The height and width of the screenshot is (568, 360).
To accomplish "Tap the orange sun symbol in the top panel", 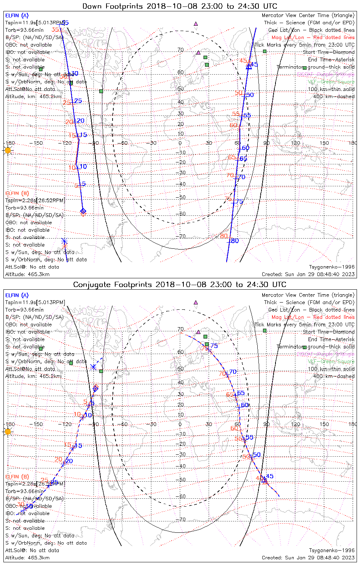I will pos(8,150).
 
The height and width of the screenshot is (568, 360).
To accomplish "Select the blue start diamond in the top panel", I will pos(83,211).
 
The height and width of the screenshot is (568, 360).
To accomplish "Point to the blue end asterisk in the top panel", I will pos(64,241).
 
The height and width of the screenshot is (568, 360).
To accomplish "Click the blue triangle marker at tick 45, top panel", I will pos(249,66).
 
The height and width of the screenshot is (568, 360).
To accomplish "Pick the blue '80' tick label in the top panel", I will pos(235,240).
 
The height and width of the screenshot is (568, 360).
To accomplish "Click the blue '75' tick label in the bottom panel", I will pos(214,345).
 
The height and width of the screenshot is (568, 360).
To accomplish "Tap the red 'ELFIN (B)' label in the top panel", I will pos(17,193).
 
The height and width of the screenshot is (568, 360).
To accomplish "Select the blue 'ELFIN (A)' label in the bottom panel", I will pos(17,295).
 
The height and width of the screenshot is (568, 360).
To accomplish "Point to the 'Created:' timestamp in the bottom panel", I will pos(308,558).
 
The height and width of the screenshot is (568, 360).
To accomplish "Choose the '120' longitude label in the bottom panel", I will pos(295,424).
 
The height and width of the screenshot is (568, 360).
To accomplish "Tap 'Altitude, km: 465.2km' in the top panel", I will pos(33,97).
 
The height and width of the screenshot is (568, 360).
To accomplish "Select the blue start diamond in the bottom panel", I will pos(95,387).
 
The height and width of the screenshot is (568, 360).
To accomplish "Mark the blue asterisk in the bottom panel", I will pos(94,367).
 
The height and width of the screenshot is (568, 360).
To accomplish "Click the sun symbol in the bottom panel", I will pos(8,432).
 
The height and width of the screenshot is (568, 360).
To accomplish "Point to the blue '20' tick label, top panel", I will pos(80,121).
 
